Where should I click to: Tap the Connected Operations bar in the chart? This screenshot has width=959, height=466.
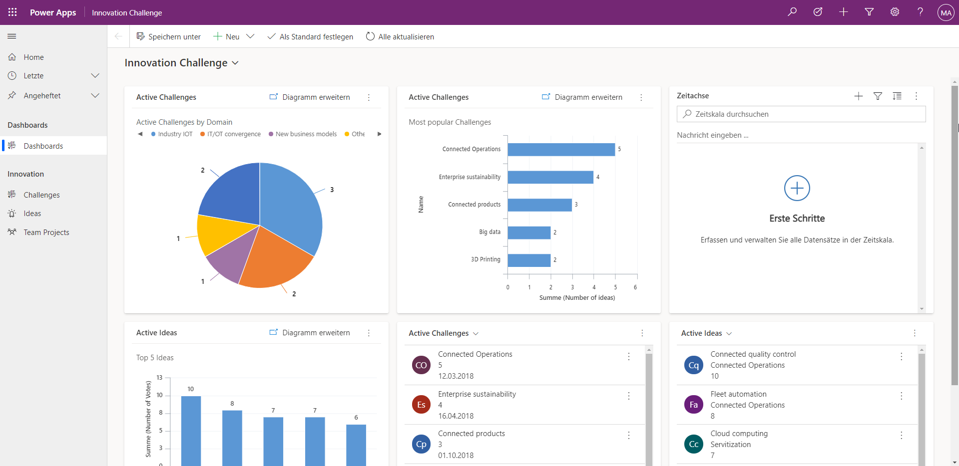coord(561,150)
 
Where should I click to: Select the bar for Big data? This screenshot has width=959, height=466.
coord(529,233)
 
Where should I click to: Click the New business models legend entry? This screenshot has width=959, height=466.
coord(306,134)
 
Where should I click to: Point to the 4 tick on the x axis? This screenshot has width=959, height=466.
coord(594,287)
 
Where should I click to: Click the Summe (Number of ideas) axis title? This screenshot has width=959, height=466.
coord(577,298)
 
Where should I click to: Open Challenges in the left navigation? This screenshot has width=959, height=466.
coord(41,195)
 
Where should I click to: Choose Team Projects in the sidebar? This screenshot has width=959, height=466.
coord(46,233)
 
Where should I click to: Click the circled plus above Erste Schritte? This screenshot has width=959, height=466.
coord(797,188)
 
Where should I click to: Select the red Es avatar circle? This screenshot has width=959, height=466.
coord(421,405)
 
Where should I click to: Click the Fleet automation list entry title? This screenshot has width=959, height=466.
coord(738,394)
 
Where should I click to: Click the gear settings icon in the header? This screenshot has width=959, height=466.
coord(895,12)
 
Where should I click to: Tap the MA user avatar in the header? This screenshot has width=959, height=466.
coord(946,12)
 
